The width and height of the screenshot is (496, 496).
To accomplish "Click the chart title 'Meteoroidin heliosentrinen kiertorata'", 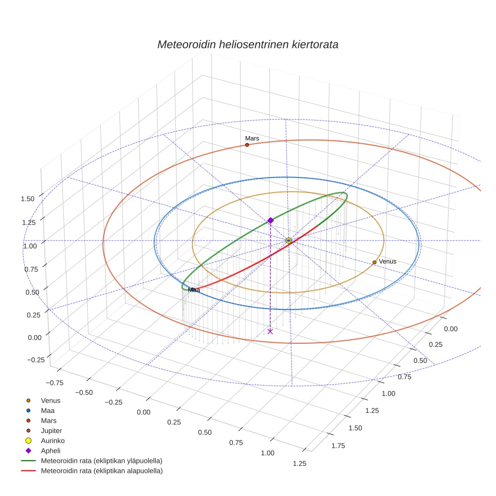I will point(247,44).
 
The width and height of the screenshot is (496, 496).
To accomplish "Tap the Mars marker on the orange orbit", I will point(247,145).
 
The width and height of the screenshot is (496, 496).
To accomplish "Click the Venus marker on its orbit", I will point(374,262).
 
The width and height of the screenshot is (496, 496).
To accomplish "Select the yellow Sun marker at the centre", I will point(288,240).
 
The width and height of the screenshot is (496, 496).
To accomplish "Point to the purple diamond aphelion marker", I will point(271,220).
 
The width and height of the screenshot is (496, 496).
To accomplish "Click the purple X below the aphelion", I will point(271,331).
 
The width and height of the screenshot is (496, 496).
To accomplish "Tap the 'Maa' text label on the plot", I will point(194,290).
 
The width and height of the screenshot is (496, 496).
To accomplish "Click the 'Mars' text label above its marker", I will point(252,138).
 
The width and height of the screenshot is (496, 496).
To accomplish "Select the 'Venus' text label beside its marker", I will point(388,262).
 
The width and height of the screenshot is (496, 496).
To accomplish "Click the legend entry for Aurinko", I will point(52,441).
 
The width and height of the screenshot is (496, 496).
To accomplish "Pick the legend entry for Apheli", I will point(50,451).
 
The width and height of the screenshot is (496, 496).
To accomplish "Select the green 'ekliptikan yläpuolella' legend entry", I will point(101,461).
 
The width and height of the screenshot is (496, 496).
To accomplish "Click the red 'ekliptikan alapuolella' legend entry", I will point(101,471).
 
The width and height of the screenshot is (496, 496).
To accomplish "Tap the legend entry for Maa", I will point(47,410).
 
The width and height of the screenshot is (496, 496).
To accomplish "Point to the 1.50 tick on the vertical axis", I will point(27,199).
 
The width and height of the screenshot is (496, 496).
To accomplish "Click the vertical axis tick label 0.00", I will point(27,337).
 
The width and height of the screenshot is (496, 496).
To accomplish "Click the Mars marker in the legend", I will point(28,420).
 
